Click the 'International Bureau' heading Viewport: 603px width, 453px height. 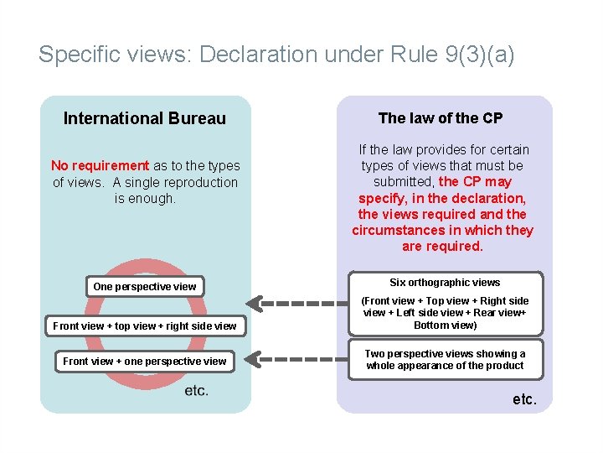pyautogui.click(x=145, y=118)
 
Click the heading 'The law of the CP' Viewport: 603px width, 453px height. pyautogui.click(x=441, y=118)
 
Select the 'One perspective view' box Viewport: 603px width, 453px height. pyautogui.click(x=145, y=287)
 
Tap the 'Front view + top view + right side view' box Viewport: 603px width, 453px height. pyautogui.click(x=145, y=325)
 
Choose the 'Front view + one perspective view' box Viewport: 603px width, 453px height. pyautogui.click(x=145, y=362)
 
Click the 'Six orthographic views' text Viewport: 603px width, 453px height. pyautogui.click(x=445, y=283)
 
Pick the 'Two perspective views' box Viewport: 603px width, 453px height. pyautogui.click(x=445, y=360)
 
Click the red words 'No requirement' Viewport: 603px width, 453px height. pyautogui.click(x=100, y=166)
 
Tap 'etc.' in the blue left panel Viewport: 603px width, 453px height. pyautogui.click(x=196, y=391)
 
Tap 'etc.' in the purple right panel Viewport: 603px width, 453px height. pyautogui.click(x=524, y=400)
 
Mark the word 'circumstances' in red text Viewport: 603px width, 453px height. pyautogui.click(x=395, y=231)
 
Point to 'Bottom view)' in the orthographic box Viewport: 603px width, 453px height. pyautogui.click(x=445, y=325)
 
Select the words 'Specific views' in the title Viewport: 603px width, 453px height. pyautogui.click(x=113, y=55)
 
